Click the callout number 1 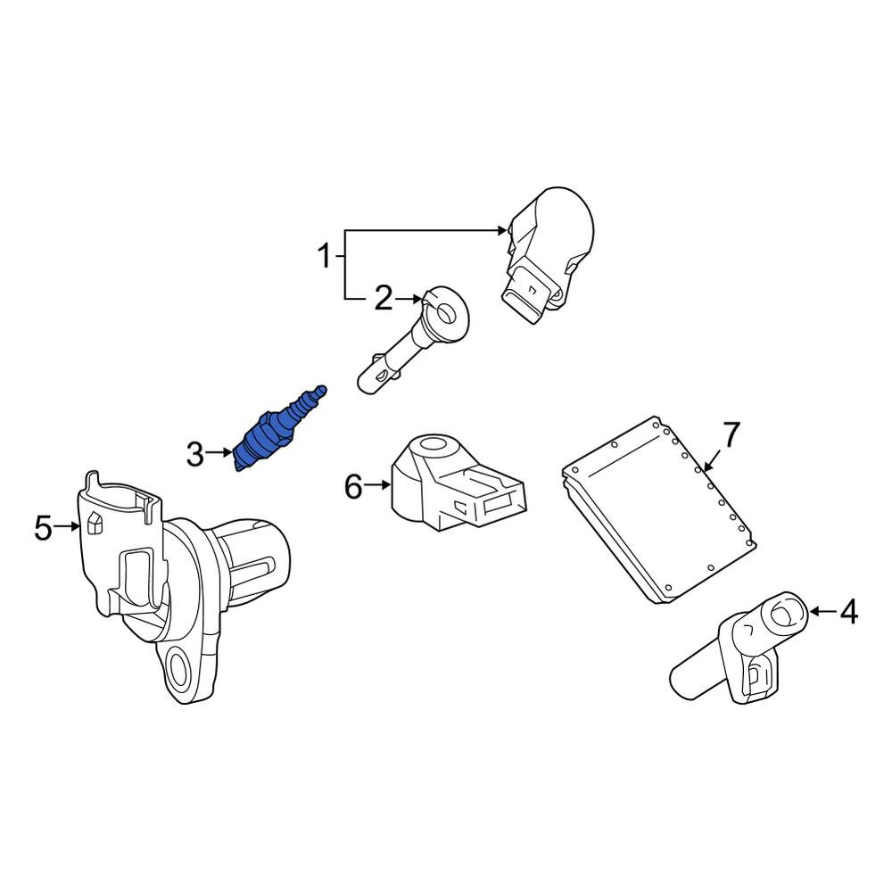tap(325, 257)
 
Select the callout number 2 tap(384, 299)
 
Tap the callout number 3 tap(194, 455)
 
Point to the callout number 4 tap(848, 613)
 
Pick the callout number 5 tap(43, 528)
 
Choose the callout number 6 tap(353, 487)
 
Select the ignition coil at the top tap(548, 255)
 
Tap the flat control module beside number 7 tap(659, 509)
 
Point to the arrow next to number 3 tap(219, 453)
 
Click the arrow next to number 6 tap(377, 485)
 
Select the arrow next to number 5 tap(67, 527)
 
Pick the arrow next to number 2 tap(409, 298)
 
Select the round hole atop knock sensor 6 tap(434, 443)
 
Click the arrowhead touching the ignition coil tap(501, 230)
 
